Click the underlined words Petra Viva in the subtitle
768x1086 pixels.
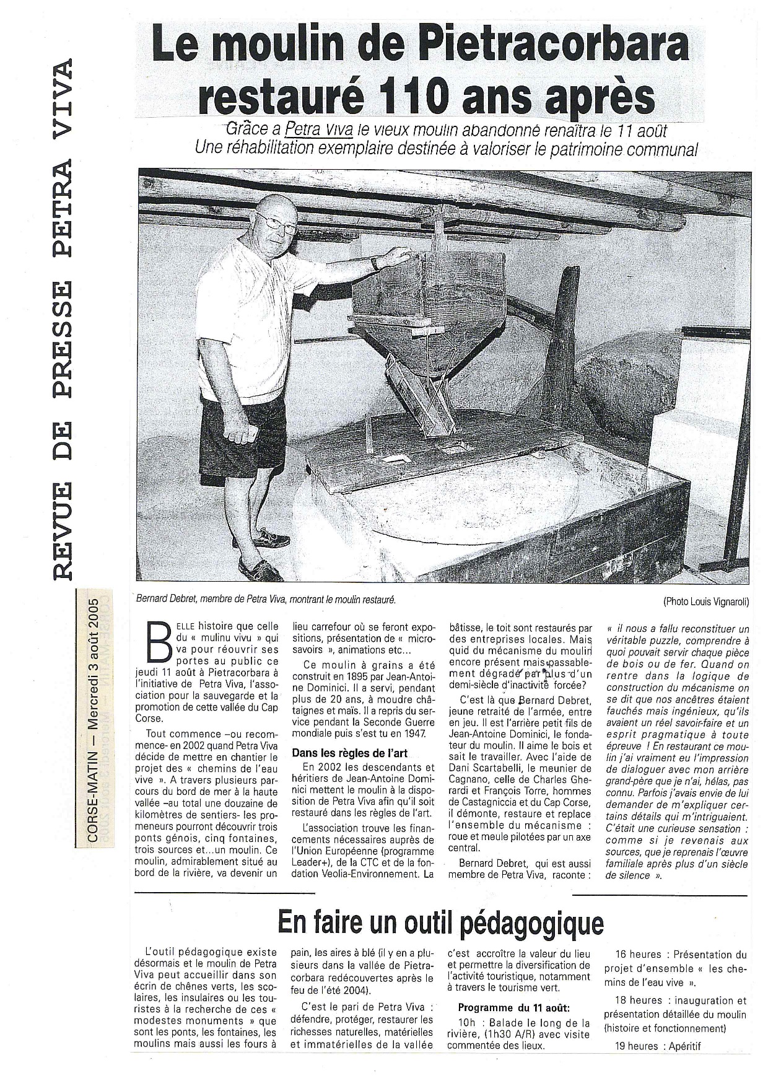318,130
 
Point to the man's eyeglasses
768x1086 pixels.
277,224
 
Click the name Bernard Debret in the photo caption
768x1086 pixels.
166,600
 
